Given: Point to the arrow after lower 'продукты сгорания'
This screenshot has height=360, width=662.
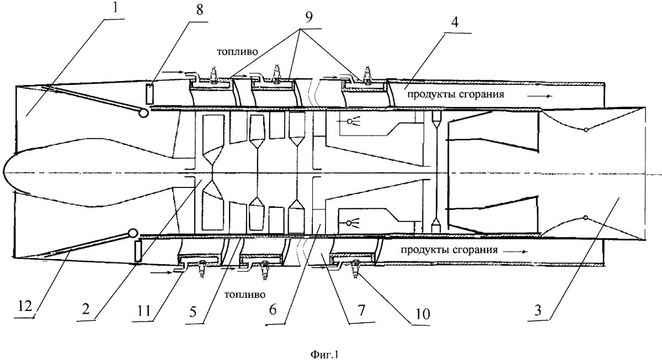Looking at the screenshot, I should pyautogui.click(x=516, y=251).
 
